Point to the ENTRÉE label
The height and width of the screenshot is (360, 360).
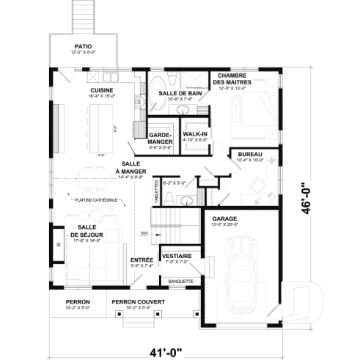tap(142, 260)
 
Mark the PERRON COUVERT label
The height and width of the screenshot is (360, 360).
tap(138, 301)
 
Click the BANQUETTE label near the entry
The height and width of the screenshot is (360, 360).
tap(180, 280)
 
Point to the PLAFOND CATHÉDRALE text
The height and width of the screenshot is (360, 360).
tap(96, 199)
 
